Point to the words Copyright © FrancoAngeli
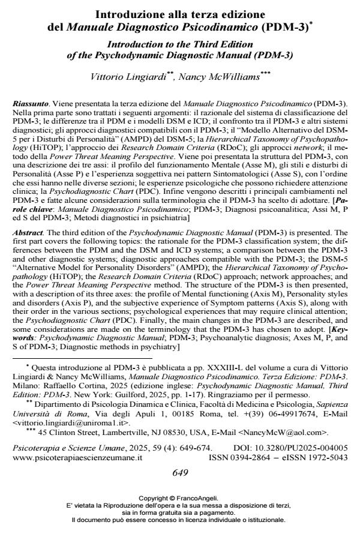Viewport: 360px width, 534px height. click(180, 497)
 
